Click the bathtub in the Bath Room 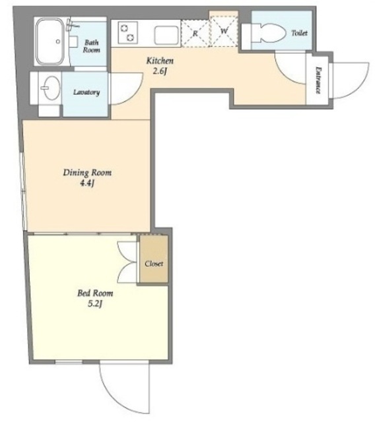click(51, 41)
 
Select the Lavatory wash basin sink click(51, 88)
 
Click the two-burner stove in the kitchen click(127, 32)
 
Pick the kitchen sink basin click(166, 36)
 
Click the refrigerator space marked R click(195, 34)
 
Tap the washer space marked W click(224, 31)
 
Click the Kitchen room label click(160, 61)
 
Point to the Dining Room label click(87, 173)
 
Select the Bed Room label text click(95, 293)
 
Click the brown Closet click(154, 259)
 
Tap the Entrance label click(318, 80)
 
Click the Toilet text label click(299, 33)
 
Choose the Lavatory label click(86, 92)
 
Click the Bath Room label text click(91, 46)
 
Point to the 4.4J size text click(87, 184)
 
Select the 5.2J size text click(95, 304)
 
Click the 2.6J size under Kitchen click(160, 72)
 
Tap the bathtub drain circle click(58, 42)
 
